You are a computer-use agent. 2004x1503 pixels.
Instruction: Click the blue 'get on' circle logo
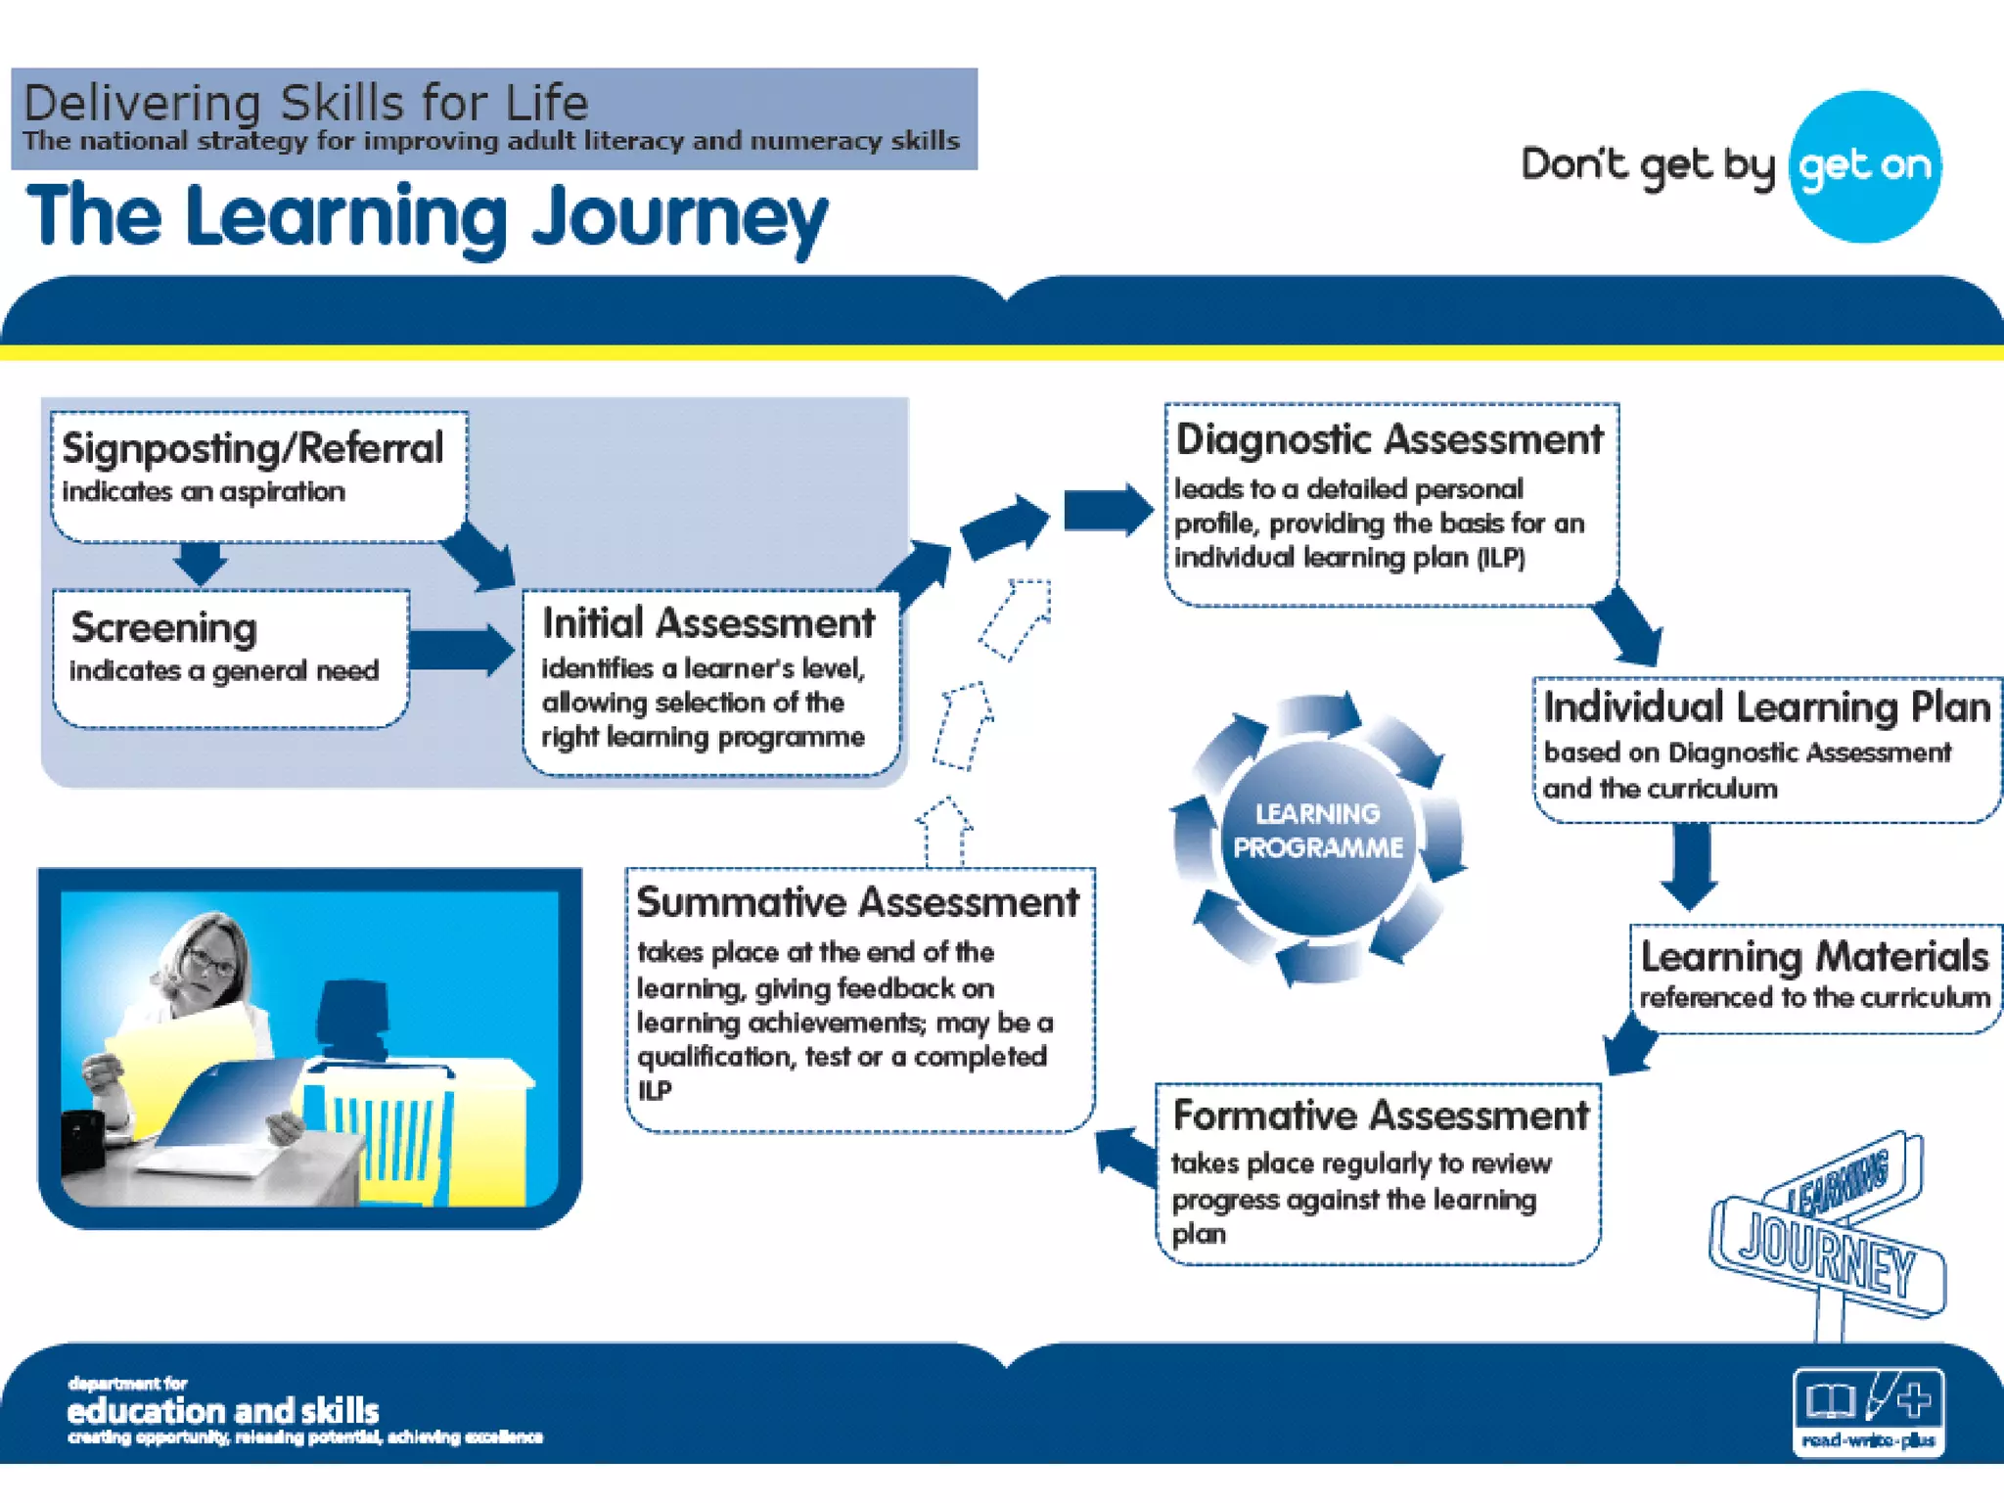(x=1864, y=166)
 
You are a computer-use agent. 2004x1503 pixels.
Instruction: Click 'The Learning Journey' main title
(x=428, y=217)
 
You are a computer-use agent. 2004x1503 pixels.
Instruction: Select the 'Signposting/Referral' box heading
(x=252, y=448)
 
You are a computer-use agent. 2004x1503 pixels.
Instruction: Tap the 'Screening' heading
(x=164, y=627)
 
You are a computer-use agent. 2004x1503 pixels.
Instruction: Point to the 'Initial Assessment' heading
(x=708, y=623)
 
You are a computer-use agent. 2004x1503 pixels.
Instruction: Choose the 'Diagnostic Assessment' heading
(x=1389, y=439)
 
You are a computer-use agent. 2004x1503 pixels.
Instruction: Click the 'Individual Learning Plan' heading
(x=1767, y=706)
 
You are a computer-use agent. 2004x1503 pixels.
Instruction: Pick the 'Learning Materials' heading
(x=1814, y=956)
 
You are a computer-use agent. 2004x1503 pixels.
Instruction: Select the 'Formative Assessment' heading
(x=1381, y=1116)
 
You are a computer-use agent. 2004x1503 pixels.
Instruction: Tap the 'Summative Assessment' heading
(x=857, y=902)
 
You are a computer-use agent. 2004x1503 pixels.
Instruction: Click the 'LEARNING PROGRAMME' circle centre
(x=1318, y=832)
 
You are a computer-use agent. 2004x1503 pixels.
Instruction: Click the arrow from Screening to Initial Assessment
(x=461, y=650)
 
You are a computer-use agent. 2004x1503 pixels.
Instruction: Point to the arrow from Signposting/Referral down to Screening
(x=201, y=563)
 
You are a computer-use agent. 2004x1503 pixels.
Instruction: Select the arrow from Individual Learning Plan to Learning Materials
(x=1690, y=865)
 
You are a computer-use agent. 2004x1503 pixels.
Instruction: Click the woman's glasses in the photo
(x=211, y=963)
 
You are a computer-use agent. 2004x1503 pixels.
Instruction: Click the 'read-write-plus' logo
(x=1868, y=1411)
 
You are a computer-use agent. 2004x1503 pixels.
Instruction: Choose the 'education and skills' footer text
(x=223, y=1411)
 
